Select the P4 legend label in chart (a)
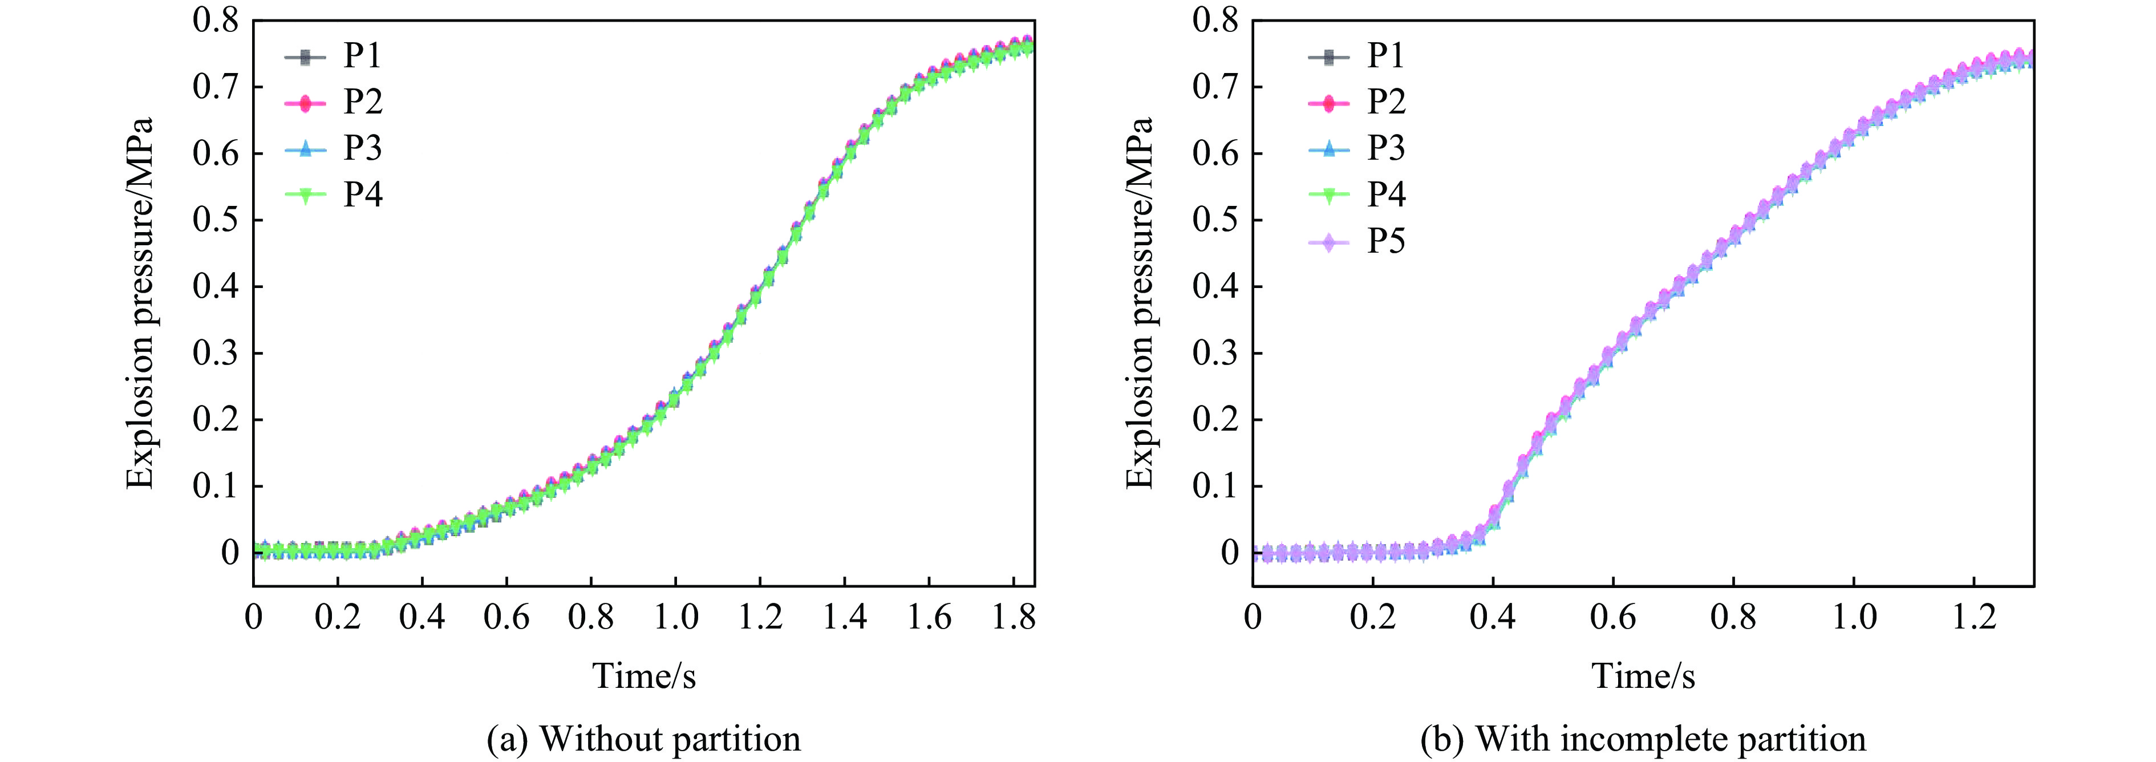click(362, 194)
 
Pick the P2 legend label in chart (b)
click(1386, 102)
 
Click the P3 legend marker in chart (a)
click(305, 149)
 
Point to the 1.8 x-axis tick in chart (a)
click(1014, 618)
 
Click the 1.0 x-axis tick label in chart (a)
click(675, 618)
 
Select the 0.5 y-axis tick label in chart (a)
click(215, 220)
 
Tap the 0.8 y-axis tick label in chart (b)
click(1215, 20)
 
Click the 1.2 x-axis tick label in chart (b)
click(1973, 618)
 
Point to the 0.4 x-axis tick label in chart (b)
click(1492, 618)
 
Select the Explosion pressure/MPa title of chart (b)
click(1140, 302)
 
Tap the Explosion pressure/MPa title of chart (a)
click(141, 302)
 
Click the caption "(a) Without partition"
click(643, 739)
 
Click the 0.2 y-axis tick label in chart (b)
click(1215, 420)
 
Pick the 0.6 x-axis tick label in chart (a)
click(506, 618)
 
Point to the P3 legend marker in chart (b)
click(1328, 149)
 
